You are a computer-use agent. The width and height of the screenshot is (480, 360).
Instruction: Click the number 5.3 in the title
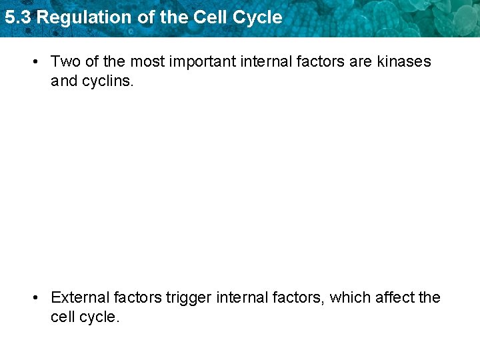click(x=17, y=17)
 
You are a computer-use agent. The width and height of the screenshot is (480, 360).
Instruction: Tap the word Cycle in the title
click(x=259, y=17)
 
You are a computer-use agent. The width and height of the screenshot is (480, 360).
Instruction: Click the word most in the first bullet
click(x=145, y=62)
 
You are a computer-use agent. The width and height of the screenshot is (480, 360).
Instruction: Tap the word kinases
click(x=404, y=62)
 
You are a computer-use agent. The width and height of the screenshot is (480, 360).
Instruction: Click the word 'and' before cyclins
click(x=64, y=82)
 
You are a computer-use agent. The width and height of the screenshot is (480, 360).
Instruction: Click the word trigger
click(x=188, y=298)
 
